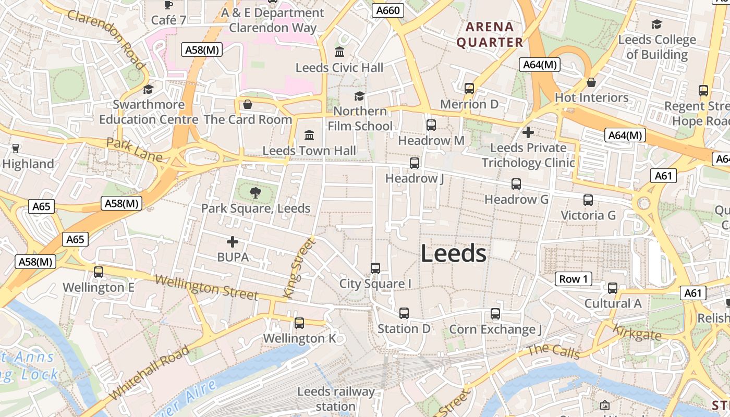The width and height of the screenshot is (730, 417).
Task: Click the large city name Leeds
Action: [x=453, y=254]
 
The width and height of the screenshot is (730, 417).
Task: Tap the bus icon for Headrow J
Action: [x=415, y=163]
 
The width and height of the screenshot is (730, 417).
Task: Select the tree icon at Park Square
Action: [x=256, y=193]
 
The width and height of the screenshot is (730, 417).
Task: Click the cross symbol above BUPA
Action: [x=233, y=242]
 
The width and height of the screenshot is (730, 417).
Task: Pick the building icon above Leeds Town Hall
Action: [x=309, y=136]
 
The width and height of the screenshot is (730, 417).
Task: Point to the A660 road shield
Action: [x=388, y=10]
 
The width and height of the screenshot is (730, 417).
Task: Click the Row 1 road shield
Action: [x=573, y=279]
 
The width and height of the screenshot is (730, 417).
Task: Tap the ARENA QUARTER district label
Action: [x=490, y=34]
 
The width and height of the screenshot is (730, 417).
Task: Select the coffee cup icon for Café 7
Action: [x=168, y=5]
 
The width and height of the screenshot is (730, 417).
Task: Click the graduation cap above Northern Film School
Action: [x=359, y=96]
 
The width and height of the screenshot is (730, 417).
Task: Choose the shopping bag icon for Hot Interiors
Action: [x=591, y=82]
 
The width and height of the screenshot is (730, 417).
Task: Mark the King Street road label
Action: [x=299, y=268]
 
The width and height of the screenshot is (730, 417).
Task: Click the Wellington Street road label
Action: [x=206, y=287]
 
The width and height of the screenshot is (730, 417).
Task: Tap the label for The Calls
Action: [x=553, y=352]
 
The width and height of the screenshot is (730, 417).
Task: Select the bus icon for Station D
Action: [x=404, y=313]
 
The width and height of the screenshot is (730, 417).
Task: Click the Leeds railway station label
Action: [x=336, y=399]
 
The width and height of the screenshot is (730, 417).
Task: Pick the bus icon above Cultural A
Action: [x=613, y=288]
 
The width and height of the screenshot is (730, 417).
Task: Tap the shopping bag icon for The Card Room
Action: [x=248, y=104]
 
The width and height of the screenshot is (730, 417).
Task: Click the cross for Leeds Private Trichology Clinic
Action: [x=528, y=132]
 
